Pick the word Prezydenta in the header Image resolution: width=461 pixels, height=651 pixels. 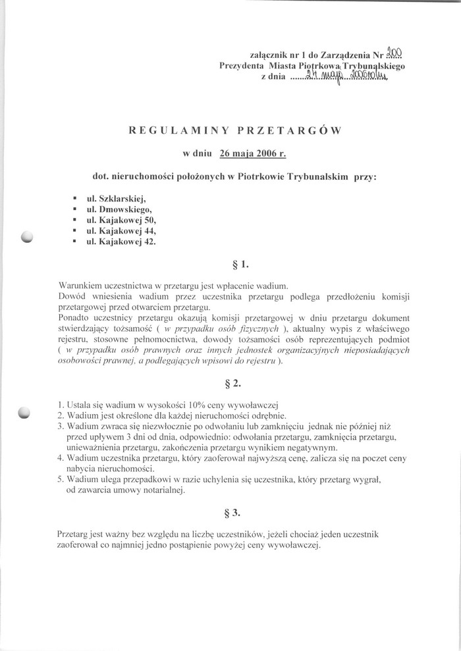pos(242,66)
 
